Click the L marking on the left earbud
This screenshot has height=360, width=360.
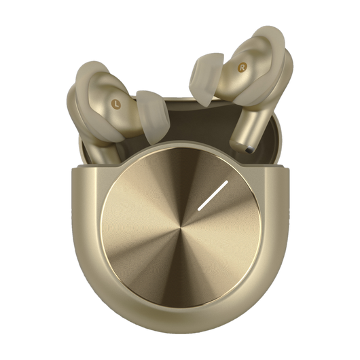point(117,105)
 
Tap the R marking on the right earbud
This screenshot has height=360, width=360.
point(242,67)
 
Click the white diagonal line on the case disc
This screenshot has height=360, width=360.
point(213,196)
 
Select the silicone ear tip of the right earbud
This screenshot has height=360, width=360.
point(206,79)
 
